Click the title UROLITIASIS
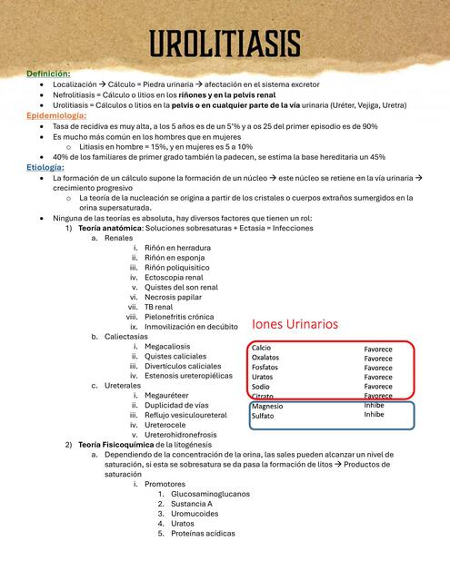coord(225,42)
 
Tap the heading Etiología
coord(45,168)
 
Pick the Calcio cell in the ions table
coord(262,349)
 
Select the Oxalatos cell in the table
coord(265,358)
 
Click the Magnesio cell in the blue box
coord(267,406)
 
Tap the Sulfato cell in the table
coord(263,416)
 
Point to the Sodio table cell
coord(261,387)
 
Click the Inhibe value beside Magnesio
coord(375,405)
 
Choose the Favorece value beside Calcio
coord(378,349)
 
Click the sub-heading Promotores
coord(165,483)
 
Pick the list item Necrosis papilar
coord(173,297)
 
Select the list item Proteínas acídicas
coord(203,533)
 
